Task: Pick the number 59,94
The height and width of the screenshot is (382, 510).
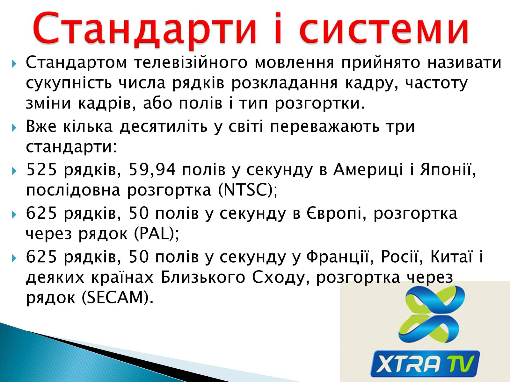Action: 152,169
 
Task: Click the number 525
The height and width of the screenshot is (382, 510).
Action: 41,169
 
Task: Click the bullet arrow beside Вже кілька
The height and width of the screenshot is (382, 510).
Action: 14,128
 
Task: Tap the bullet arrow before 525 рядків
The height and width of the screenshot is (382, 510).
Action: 14,171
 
